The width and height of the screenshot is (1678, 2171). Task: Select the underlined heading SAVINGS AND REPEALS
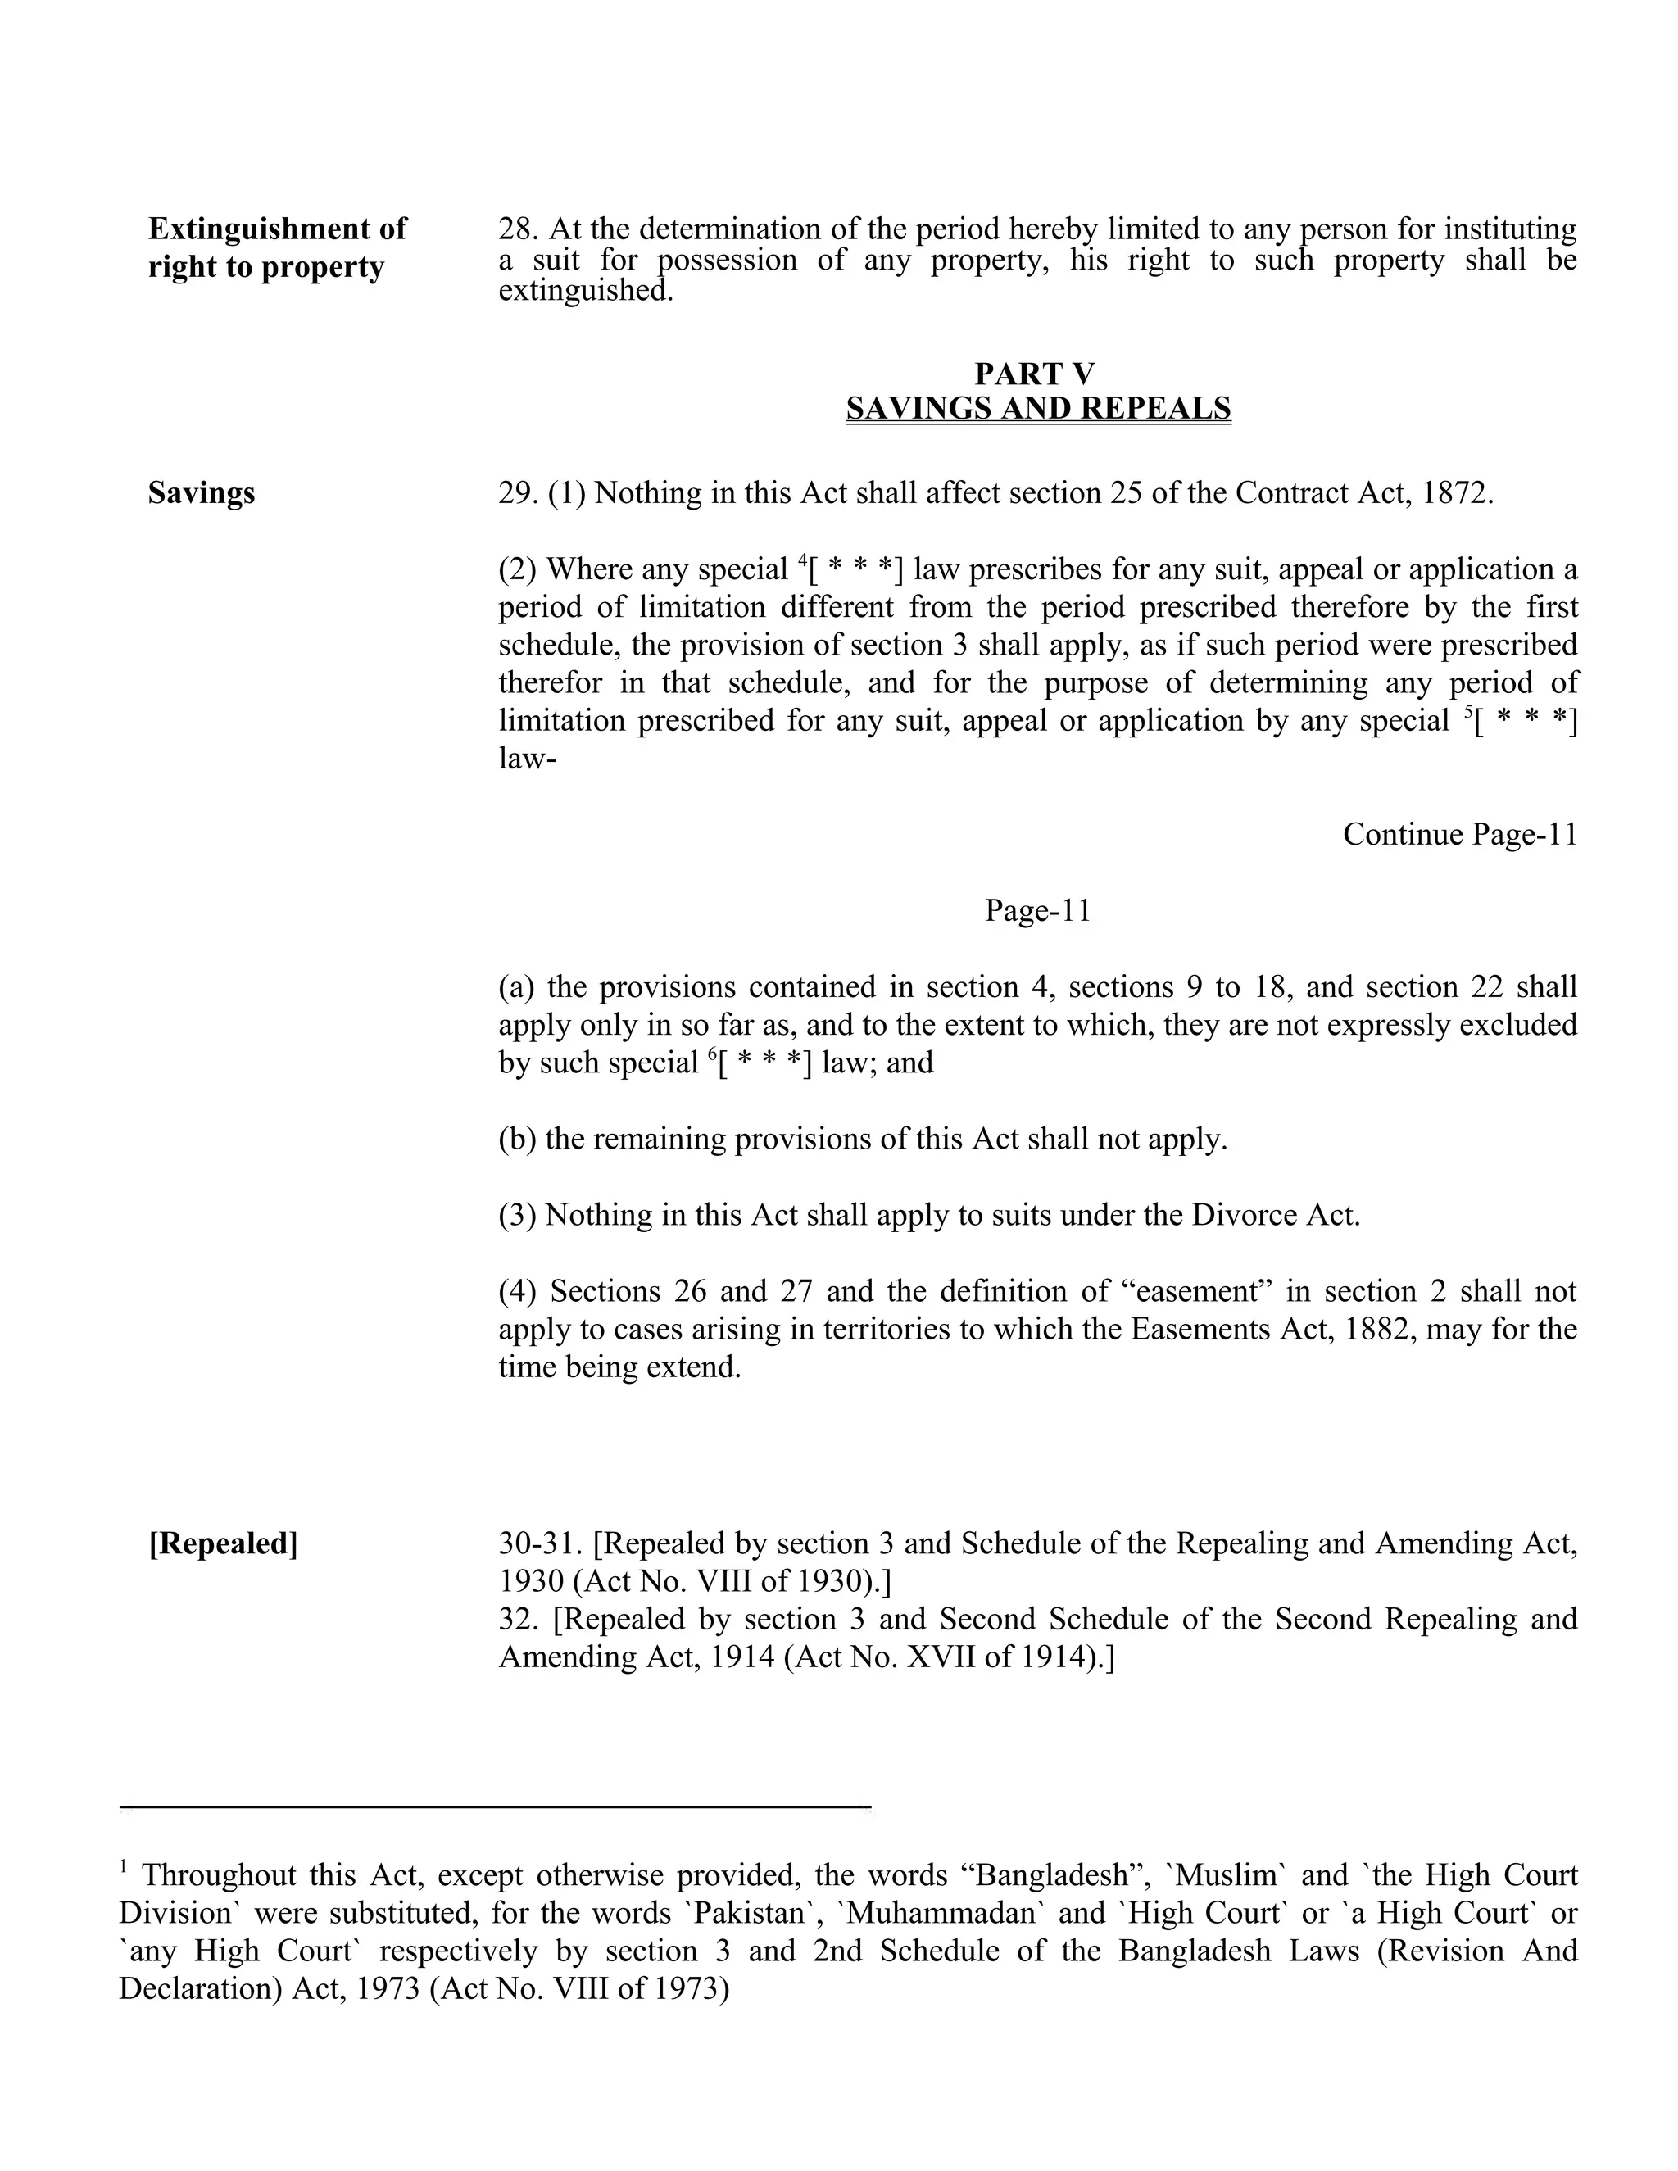(x=1038, y=409)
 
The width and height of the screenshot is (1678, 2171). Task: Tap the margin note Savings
(x=201, y=493)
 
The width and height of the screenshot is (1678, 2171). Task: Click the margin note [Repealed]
(x=223, y=1543)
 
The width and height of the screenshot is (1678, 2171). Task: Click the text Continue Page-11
(x=1459, y=834)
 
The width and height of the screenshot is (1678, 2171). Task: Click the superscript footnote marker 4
(x=802, y=562)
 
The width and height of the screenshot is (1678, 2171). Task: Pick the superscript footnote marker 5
(x=1468, y=713)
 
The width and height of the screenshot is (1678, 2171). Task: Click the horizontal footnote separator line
(x=495, y=1806)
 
